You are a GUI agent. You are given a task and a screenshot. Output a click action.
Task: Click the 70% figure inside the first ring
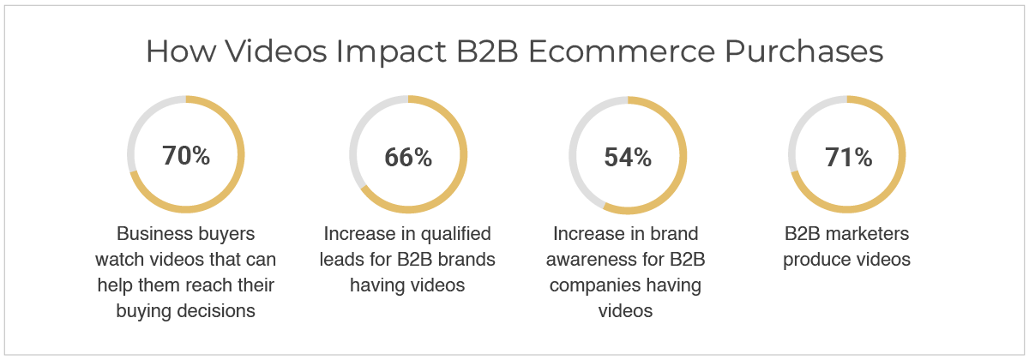point(186,155)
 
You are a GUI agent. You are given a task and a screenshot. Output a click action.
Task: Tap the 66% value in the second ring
point(408,157)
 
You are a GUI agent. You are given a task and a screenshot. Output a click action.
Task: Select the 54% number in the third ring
point(628,157)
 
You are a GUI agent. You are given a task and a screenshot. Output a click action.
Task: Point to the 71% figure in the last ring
point(848,157)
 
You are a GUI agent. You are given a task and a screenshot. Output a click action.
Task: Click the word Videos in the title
point(275,51)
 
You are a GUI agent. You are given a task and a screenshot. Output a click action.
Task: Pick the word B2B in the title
point(487,51)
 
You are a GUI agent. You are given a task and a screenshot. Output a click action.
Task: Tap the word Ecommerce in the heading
point(622,51)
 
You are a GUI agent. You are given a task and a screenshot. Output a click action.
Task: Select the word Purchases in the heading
point(804,51)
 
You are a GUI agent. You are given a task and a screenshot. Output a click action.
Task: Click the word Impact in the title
point(391,52)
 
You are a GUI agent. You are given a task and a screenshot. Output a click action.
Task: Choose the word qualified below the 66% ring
point(455,234)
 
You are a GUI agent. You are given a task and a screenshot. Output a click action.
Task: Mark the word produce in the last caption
point(813,261)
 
